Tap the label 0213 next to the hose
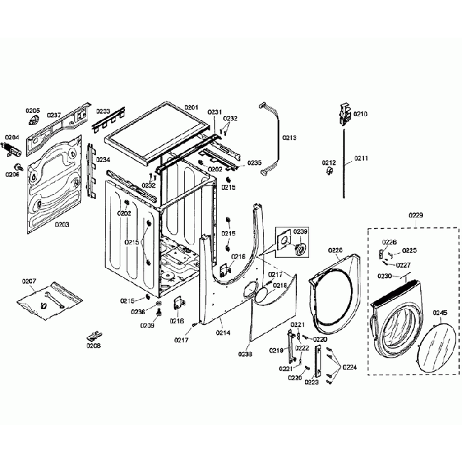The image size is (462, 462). (x=289, y=137)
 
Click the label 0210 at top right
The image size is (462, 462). (x=360, y=114)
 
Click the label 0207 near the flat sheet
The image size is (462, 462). (x=29, y=281)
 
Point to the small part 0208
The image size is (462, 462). (x=93, y=334)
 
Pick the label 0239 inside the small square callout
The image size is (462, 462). (x=301, y=232)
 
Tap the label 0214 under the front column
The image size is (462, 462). (x=223, y=333)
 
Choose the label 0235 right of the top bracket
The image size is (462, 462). (x=254, y=163)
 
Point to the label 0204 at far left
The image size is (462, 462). (x=12, y=136)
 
